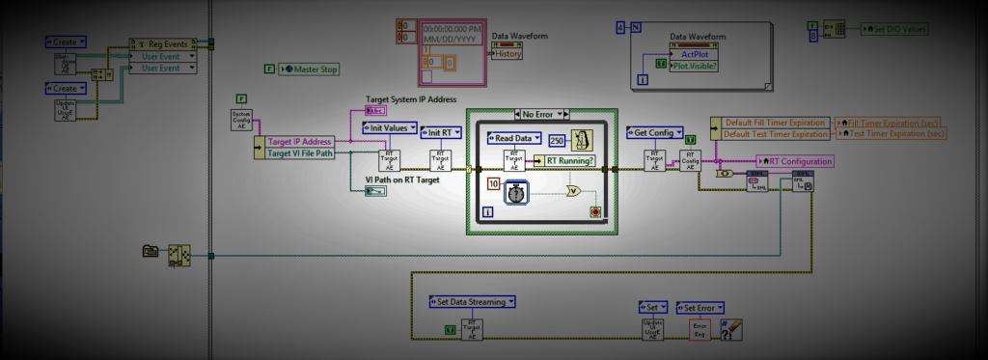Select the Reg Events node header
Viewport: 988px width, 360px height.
[x=167, y=43]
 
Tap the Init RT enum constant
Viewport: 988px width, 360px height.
[x=444, y=132]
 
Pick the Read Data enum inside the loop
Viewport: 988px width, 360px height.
[x=515, y=138]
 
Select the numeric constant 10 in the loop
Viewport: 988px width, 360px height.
[x=492, y=183]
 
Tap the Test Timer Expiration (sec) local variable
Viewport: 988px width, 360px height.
[x=892, y=134]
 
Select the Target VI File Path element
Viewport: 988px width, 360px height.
[x=302, y=152]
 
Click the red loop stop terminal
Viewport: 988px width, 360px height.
[x=594, y=210]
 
